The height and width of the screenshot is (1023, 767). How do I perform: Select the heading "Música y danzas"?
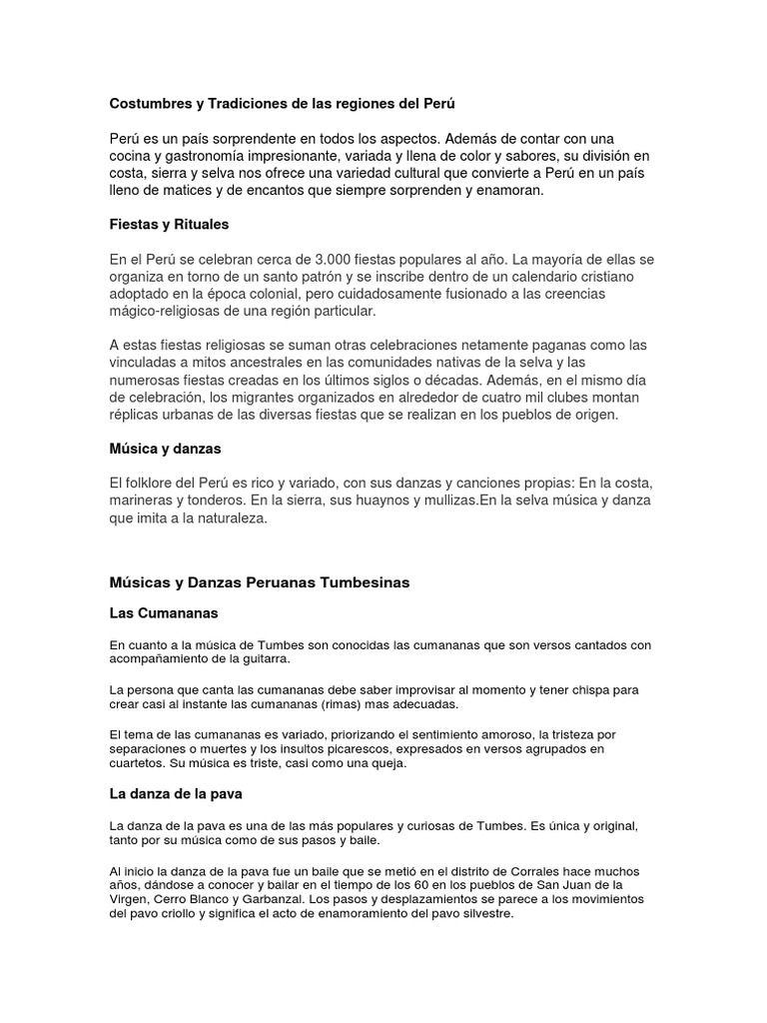[165, 449]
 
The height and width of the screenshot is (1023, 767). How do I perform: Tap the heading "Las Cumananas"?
[163, 612]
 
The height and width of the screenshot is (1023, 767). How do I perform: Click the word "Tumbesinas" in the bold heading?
[360, 581]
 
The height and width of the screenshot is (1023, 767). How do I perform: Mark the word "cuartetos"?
[139, 763]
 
